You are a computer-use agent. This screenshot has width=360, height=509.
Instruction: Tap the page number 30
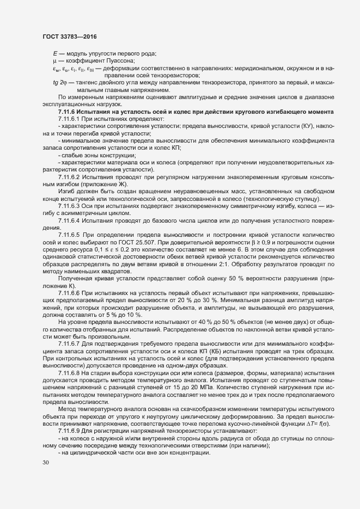point(46,463)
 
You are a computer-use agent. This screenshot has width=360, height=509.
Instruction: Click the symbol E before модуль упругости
point(55,53)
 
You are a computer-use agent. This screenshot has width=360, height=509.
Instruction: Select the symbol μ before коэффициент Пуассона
point(55,60)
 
